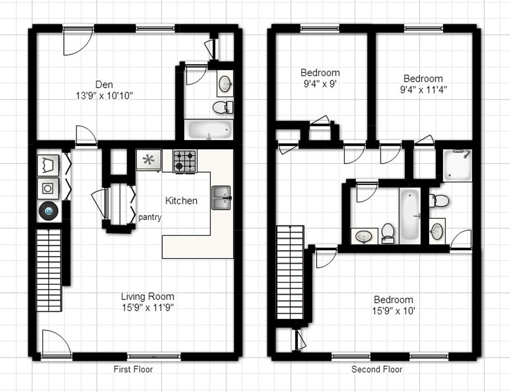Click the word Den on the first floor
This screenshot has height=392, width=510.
(x=104, y=85)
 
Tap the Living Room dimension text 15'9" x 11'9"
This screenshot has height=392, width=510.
(x=147, y=307)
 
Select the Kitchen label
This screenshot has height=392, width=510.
(x=181, y=201)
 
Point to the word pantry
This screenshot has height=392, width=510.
(x=150, y=217)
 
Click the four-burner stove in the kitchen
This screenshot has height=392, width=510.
(x=184, y=161)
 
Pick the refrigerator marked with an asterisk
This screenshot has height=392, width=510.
(x=149, y=160)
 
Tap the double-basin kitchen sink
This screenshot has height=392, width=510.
(x=221, y=198)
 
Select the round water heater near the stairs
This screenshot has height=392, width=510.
(x=48, y=211)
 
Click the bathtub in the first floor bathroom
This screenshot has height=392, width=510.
(x=209, y=130)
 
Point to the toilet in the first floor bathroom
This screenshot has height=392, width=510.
(x=222, y=108)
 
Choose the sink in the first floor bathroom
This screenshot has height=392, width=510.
(x=225, y=84)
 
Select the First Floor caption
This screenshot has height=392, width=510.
(x=133, y=370)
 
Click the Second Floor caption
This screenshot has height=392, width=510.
(x=377, y=370)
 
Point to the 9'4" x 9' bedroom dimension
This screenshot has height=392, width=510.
(x=320, y=84)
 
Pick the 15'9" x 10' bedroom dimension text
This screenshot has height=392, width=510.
(x=393, y=310)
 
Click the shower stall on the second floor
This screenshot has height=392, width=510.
(x=456, y=165)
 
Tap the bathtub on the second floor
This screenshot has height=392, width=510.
(x=410, y=215)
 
